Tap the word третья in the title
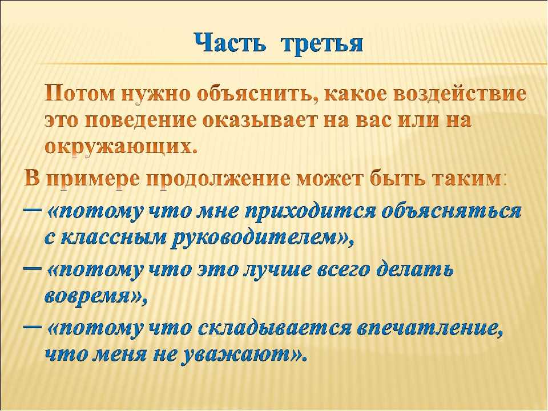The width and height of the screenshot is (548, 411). tap(322, 44)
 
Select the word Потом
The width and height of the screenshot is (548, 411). tap(80, 95)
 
